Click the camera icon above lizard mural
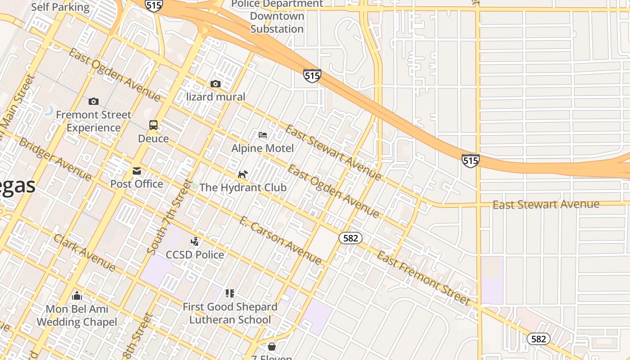pos(216,84)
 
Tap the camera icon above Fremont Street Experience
pos(94,101)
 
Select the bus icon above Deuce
pos(153,125)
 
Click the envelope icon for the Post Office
pos(136,171)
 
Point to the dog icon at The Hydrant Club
pos(243,174)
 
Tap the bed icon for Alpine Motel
pos(263,135)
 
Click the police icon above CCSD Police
pos(195,242)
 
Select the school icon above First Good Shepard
pos(230,293)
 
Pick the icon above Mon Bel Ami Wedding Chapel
pos(77,296)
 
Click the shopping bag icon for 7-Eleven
pos(272,346)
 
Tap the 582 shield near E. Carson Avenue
pos(351,238)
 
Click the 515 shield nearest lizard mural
pos(312,75)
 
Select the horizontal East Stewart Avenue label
pos(546,205)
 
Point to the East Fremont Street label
pos(423,278)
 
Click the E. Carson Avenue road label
pos(280,240)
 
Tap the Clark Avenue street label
pos(84,252)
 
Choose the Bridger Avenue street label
pos(55,158)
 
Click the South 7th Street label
pos(170,216)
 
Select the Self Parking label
pos(60,7)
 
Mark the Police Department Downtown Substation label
pos(277,16)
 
